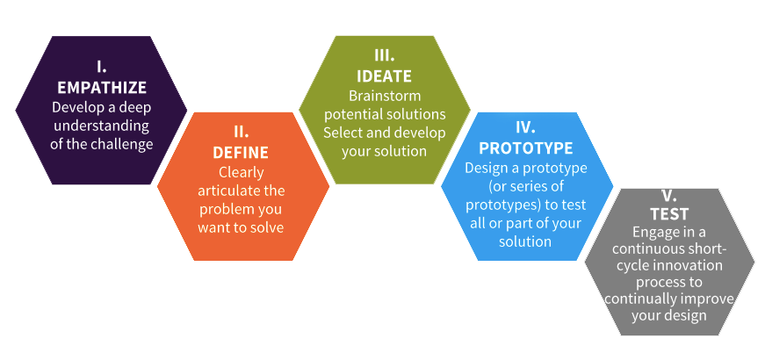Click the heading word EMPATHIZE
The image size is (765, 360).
(x=102, y=87)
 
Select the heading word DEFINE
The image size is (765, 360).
(x=241, y=153)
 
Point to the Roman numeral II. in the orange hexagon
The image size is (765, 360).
(x=241, y=132)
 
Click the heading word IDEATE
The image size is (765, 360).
(x=385, y=76)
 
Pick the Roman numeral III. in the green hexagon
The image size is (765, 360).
(x=385, y=55)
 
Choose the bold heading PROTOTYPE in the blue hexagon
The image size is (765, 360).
(x=526, y=148)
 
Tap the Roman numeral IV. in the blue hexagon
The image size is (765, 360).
(x=526, y=127)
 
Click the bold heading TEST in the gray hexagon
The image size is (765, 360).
(x=669, y=214)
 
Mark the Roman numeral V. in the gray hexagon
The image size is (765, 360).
(x=669, y=196)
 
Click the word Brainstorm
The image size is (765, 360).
(x=385, y=95)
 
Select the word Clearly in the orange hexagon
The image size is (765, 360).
(x=241, y=172)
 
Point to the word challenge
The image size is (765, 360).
(x=121, y=144)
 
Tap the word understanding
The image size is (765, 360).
(x=102, y=126)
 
